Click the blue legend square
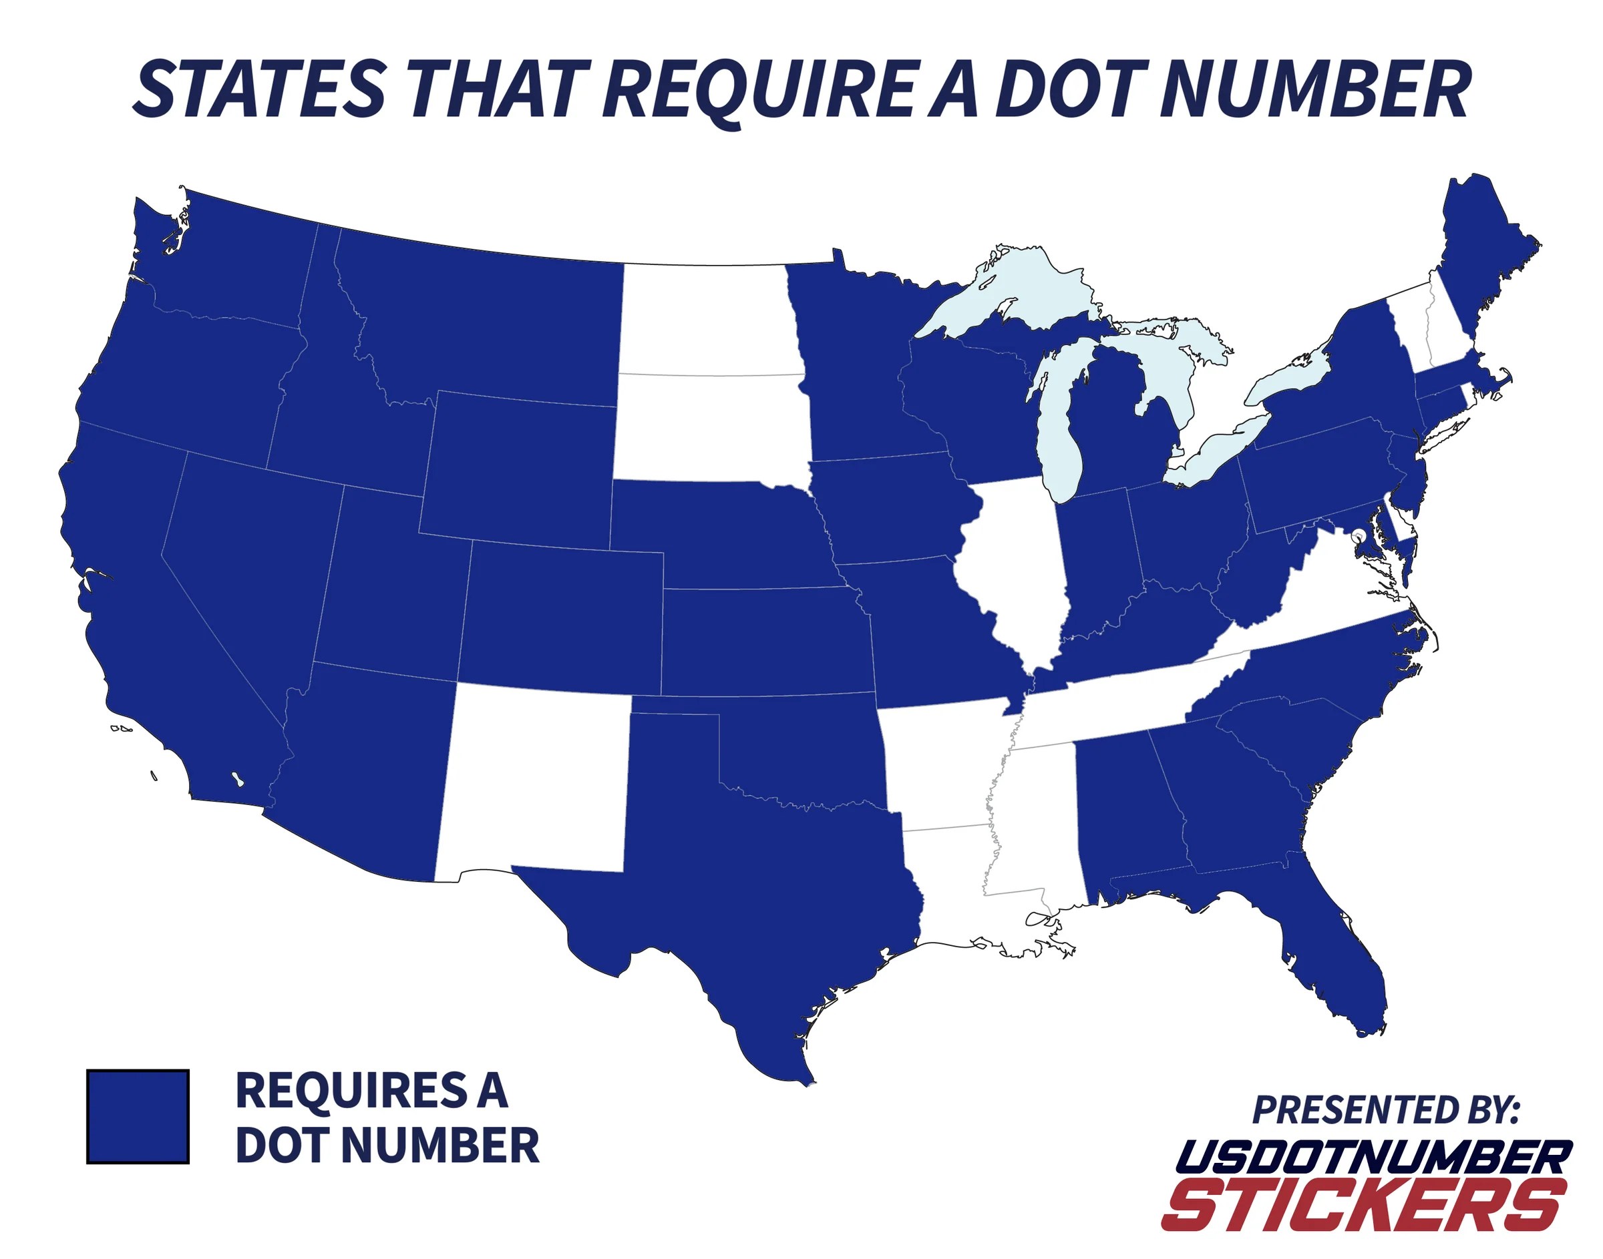coord(138,1117)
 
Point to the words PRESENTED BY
coord(1385,1109)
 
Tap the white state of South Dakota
coord(711,427)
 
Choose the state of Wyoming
coord(520,472)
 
